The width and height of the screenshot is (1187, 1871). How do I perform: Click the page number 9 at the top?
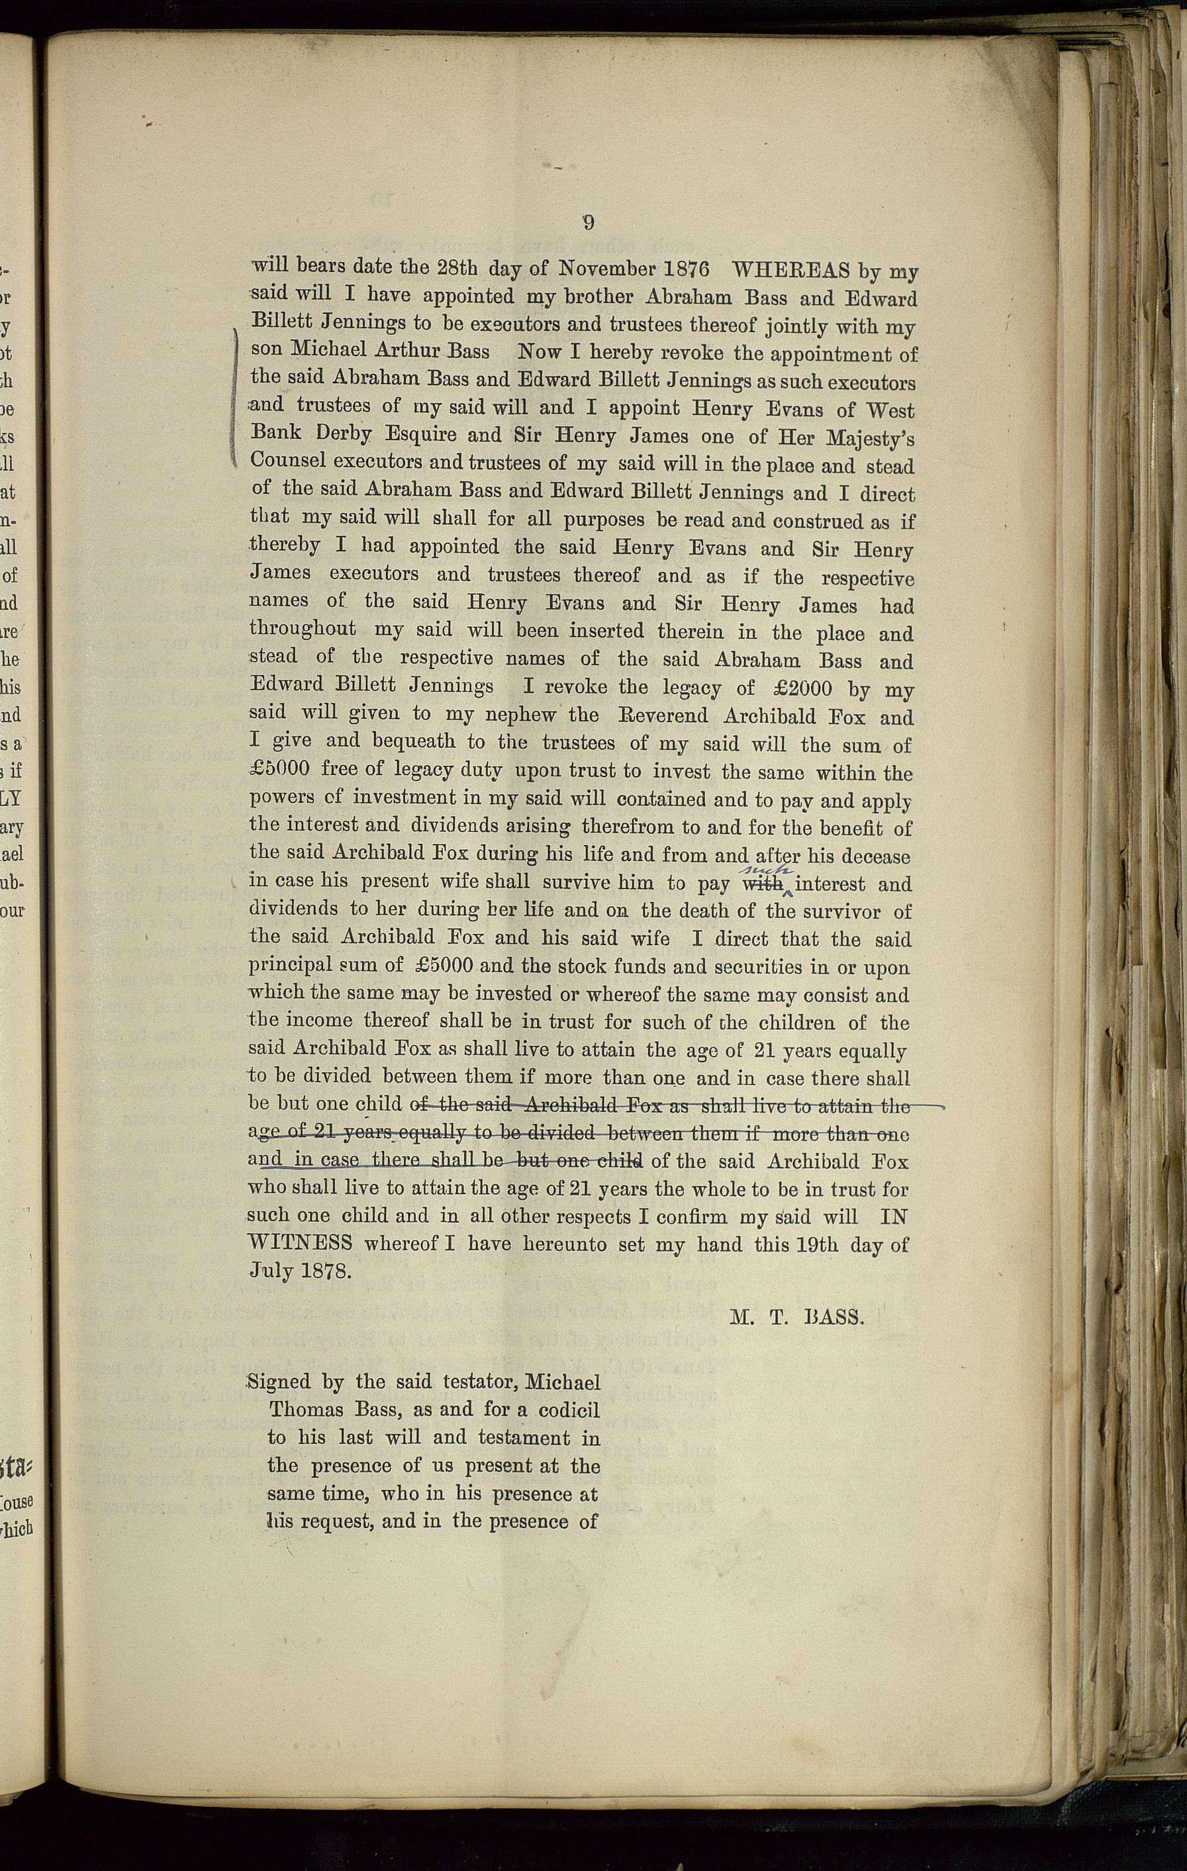tap(589, 223)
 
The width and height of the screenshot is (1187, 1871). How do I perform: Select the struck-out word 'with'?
tap(763, 884)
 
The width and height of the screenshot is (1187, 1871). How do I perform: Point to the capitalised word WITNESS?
tap(300, 1243)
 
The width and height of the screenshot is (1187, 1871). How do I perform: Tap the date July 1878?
tap(299, 1272)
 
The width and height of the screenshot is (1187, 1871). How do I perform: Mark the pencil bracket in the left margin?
tap(236, 396)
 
